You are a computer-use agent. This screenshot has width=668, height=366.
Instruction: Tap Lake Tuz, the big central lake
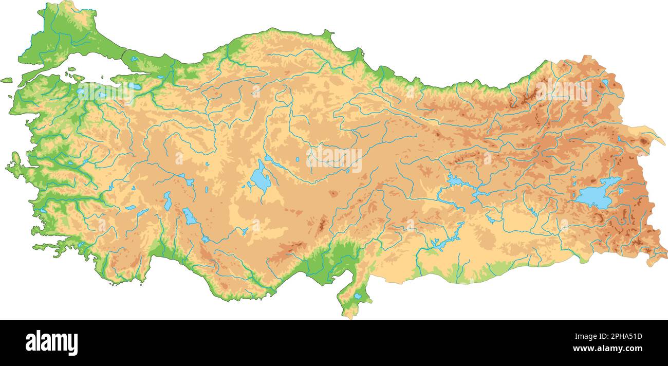coord(260,179)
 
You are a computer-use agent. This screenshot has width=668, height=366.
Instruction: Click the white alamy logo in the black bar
coord(51,343)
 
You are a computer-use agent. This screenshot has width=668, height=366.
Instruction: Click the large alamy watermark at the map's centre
coord(334,159)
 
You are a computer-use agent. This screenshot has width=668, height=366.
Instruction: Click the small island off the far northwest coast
coord(6,80)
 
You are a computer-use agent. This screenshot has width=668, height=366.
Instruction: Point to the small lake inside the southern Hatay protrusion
coord(357,296)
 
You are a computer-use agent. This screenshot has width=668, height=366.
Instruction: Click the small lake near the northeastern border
coord(605,82)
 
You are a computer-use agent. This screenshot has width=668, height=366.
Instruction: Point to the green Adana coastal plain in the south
coord(337,257)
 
